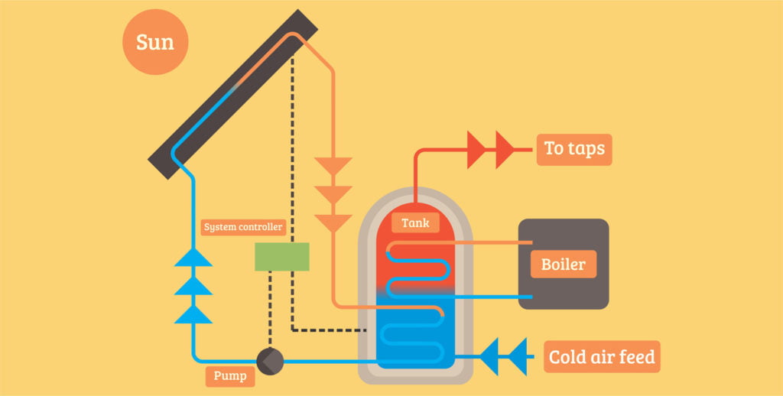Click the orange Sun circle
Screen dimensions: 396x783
[155, 43]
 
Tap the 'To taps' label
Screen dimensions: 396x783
[573, 148]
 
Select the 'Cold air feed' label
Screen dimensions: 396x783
[602, 356]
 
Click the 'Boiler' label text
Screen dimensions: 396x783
[563, 265]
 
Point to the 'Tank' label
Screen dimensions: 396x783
[415, 223]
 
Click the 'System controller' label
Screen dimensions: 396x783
[243, 227]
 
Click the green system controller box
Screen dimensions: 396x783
[281, 257]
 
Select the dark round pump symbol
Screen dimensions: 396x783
[269, 361]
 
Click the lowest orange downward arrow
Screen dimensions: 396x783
[333, 222]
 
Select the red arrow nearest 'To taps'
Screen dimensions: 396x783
[505, 150]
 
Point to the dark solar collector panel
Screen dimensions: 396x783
[234, 91]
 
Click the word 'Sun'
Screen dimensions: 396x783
[155, 43]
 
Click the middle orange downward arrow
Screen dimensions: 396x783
[333, 195]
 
